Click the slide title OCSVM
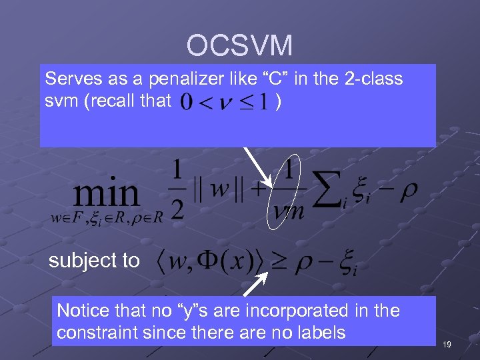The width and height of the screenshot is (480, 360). click(239, 46)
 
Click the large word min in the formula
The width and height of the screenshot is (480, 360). click(107, 193)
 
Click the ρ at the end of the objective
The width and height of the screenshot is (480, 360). click(408, 191)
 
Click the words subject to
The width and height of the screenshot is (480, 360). click(94, 261)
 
